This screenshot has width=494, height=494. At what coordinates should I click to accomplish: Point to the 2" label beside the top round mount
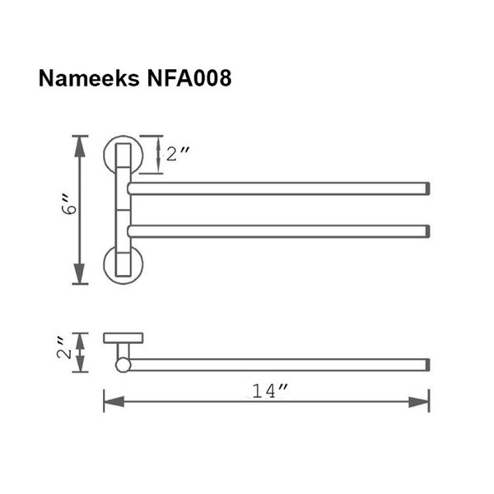coord(178,154)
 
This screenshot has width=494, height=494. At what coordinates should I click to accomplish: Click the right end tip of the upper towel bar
coord(426,189)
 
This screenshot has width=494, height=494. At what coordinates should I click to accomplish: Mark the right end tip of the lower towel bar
coord(426,231)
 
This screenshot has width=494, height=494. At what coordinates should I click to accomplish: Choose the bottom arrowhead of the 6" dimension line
coord(81,277)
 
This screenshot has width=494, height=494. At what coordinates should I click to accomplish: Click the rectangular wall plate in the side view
coord(123,338)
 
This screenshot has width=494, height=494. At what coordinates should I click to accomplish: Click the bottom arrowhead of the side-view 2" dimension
coord(81,367)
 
